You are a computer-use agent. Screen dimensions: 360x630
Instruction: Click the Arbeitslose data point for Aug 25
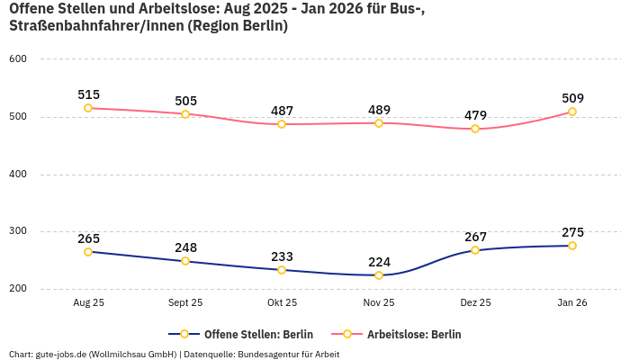coord(88,108)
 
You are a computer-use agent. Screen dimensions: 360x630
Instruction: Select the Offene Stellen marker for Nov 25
coord(379,275)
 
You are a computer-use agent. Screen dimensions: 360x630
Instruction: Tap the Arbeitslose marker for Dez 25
coord(475,129)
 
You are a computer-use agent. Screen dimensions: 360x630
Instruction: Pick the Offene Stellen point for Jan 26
coord(572,246)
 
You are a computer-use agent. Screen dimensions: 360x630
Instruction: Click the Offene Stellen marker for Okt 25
coord(282,270)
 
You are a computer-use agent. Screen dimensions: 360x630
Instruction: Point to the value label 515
coord(88,94)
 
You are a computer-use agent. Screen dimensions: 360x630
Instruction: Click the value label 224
coord(379,262)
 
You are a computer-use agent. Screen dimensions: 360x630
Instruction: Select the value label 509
coord(572,98)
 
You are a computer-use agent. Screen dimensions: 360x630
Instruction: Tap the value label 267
coord(475,237)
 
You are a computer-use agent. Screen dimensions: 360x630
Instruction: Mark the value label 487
coord(282,111)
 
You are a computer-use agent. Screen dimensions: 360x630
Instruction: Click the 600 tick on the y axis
coord(19,59)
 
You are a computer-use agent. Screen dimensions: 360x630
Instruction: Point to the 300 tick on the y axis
coord(19,231)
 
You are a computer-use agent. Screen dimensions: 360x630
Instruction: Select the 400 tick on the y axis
coord(19,175)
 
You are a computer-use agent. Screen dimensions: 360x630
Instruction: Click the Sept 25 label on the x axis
coord(185,303)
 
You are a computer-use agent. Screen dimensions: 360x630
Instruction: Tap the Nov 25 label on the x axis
coord(379,303)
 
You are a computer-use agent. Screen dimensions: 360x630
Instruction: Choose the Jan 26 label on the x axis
coord(572,303)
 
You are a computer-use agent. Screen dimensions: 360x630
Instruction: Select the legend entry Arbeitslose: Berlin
coord(414,335)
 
